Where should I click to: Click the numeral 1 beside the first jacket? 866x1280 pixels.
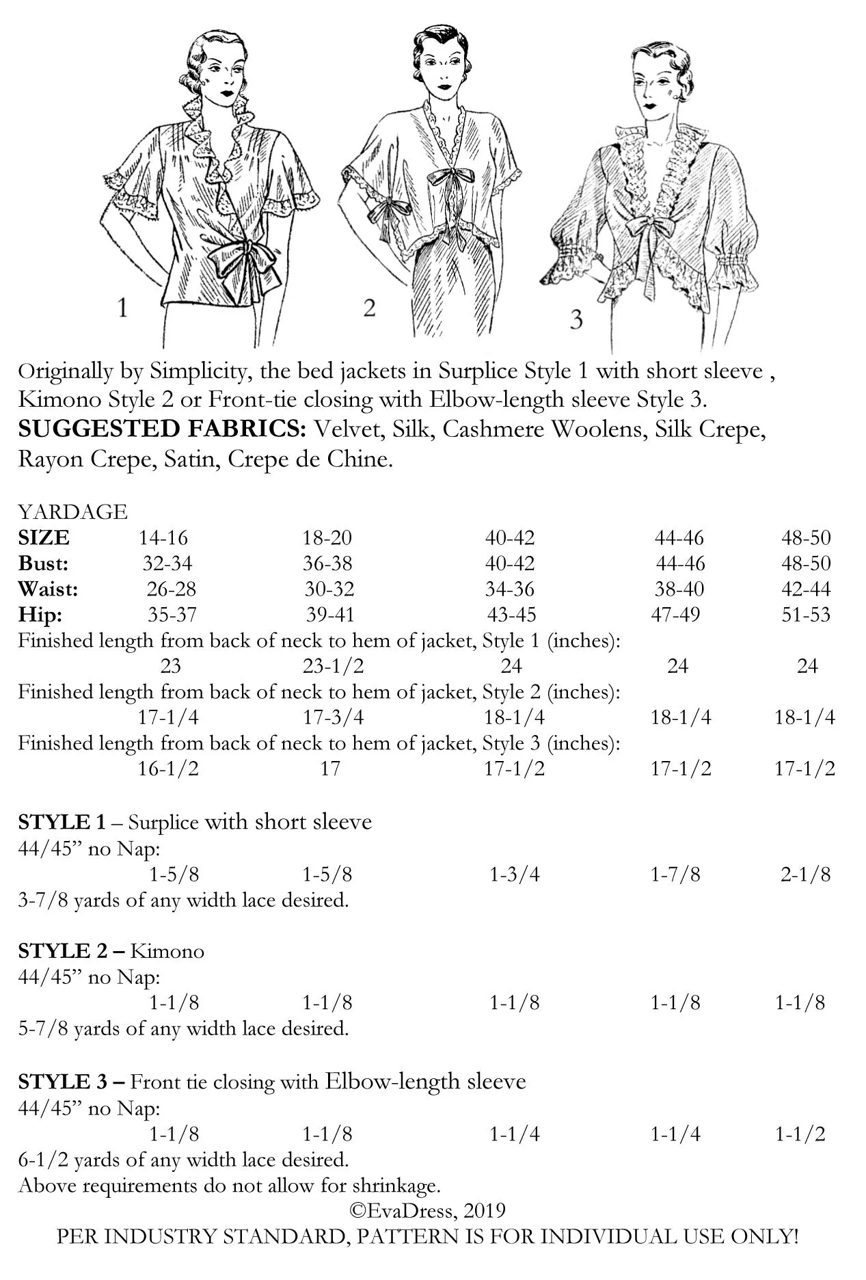click(x=123, y=308)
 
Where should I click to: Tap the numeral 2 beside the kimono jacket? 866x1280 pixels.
click(x=369, y=308)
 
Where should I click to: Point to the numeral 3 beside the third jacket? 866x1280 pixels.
click(x=576, y=319)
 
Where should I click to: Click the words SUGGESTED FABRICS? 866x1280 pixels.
click(x=162, y=429)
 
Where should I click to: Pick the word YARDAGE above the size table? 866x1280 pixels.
click(x=72, y=511)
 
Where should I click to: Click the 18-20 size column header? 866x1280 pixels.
click(x=327, y=537)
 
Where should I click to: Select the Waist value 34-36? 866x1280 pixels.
click(x=511, y=589)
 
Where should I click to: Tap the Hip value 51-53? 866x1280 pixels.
click(x=806, y=614)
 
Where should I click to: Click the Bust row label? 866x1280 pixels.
click(x=43, y=563)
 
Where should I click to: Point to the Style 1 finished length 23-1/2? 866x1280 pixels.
click(x=333, y=665)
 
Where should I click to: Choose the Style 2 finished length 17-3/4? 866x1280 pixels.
click(x=333, y=717)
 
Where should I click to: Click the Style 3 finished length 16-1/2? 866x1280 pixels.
click(x=168, y=768)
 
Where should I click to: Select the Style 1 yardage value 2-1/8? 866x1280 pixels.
click(x=806, y=874)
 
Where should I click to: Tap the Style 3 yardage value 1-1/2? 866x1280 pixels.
click(x=800, y=1134)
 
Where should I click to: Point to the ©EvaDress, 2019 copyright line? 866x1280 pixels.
click(x=428, y=1210)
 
